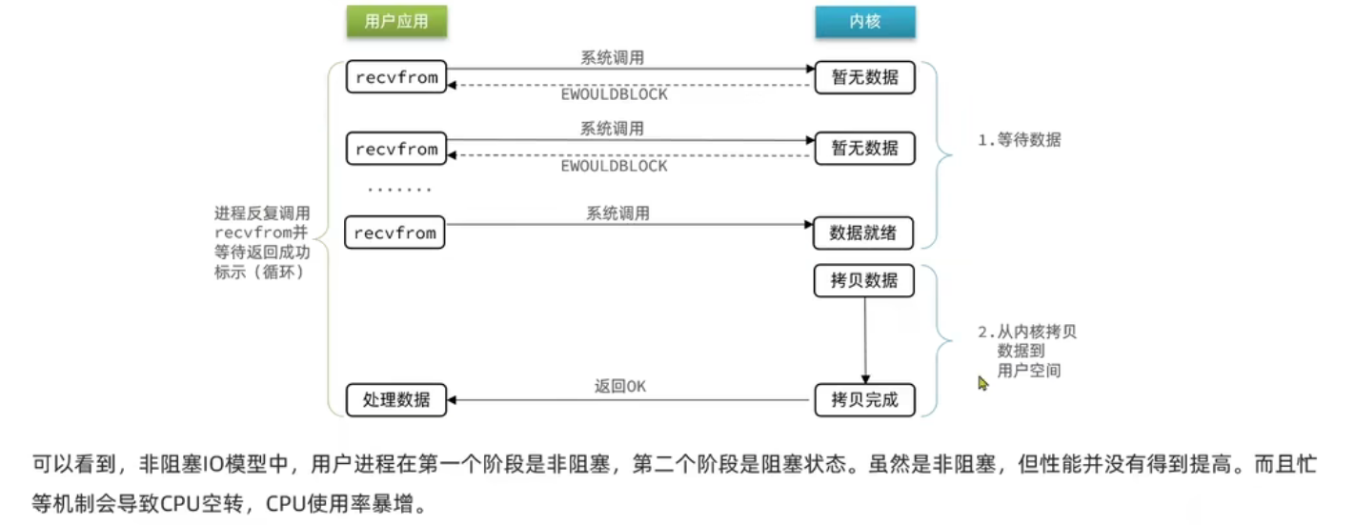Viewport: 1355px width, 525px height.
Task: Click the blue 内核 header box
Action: (x=864, y=22)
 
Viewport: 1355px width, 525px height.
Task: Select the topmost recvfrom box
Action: (x=396, y=77)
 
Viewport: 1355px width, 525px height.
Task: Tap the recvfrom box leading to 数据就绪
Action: (x=396, y=232)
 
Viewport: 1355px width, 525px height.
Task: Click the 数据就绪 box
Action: (x=864, y=232)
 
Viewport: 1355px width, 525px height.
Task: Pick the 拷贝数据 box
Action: (x=864, y=281)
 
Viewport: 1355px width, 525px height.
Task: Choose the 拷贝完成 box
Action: (x=864, y=399)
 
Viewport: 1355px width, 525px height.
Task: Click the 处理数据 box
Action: (x=396, y=399)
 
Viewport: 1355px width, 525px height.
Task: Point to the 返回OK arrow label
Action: (x=620, y=386)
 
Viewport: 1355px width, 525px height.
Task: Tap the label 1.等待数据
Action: (x=1020, y=140)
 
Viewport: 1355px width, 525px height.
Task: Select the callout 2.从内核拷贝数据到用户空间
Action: (x=1027, y=352)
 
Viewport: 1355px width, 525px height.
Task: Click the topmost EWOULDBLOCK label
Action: (x=614, y=94)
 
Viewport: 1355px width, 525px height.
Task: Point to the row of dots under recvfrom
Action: (x=399, y=190)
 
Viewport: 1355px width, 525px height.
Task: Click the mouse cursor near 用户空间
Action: (x=982, y=382)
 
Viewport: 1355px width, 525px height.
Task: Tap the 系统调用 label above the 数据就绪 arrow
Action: (x=617, y=213)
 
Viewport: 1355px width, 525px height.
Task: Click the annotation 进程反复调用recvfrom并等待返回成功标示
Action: (x=262, y=242)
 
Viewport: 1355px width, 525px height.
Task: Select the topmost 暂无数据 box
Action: (x=864, y=77)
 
